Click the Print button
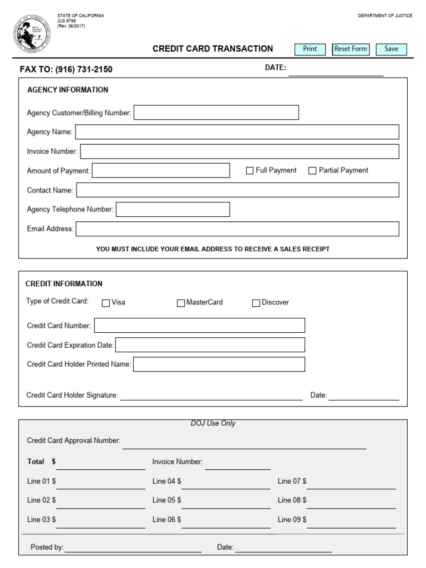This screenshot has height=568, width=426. [310, 49]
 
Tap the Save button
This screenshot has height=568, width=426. [391, 49]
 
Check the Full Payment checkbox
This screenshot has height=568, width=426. [250, 171]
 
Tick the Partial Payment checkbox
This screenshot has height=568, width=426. [312, 171]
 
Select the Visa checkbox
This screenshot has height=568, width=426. [106, 303]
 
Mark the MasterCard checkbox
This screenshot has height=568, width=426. [181, 303]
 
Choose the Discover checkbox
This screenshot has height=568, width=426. [256, 303]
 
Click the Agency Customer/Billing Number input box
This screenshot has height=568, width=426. [216, 113]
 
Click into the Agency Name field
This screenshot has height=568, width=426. [237, 132]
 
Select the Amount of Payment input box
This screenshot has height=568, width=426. [161, 171]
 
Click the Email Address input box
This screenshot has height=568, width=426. [237, 229]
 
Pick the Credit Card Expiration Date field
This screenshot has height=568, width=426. [210, 345]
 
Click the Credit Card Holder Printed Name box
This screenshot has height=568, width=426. [219, 364]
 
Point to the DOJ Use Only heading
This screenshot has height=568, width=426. [213, 423]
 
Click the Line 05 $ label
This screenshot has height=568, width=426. [167, 500]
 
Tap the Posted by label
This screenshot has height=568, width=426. [47, 547]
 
